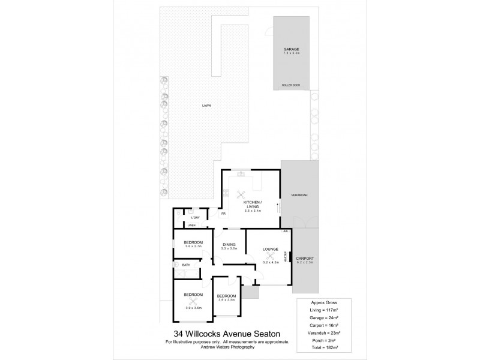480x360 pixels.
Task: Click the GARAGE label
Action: [x=291, y=49]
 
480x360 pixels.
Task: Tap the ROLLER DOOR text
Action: [x=291, y=85]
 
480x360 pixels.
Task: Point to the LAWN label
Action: [x=206, y=106]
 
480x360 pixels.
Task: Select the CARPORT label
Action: [x=306, y=259]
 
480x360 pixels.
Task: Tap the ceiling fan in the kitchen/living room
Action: [x=240, y=194]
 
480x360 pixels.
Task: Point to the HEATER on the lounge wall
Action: [x=293, y=257]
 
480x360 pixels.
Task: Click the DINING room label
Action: [x=229, y=244]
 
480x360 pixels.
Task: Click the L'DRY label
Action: [x=195, y=217]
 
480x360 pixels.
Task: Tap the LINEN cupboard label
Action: [x=191, y=225]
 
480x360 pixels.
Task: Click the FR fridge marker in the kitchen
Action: [x=223, y=214]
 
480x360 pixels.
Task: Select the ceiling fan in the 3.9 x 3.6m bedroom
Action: [x=193, y=301]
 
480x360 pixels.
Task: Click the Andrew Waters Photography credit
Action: [x=227, y=347]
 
